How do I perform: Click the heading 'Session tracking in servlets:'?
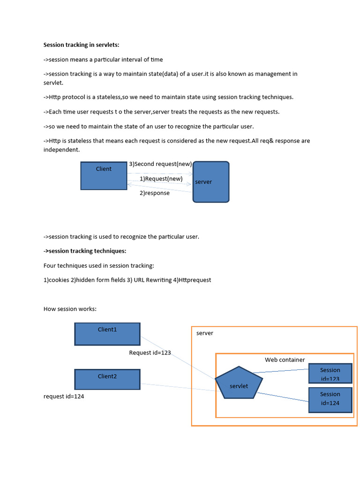(x=81, y=45)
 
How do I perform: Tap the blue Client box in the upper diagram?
(x=104, y=176)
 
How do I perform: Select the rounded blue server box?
(x=211, y=182)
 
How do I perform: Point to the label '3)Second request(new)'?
(x=160, y=164)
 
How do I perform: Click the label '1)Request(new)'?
(x=161, y=179)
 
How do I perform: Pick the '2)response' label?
(x=154, y=193)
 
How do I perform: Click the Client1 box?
(x=107, y=334)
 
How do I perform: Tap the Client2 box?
(x=107, y=379)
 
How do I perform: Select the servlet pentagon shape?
(x=239, y=383)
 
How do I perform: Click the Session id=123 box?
(x=330, y=374)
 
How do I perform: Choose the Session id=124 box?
(x=330, y=399)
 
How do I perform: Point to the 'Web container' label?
(x=285, y=360)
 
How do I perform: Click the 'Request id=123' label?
(x=150, y=353)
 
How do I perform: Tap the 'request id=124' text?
(x=64, y=397)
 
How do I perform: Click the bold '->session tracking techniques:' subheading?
(x=85, y=251)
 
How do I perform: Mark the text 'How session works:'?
(x=70, y=309)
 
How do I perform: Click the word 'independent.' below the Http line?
(x=61, y=150)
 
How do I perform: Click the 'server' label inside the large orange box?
(x=204, y=333)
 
